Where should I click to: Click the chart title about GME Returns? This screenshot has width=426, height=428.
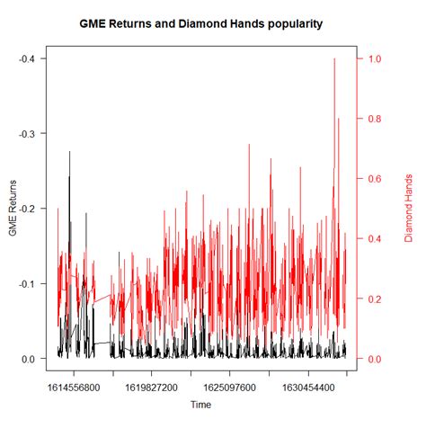pyautogui.click(x=213, y=21)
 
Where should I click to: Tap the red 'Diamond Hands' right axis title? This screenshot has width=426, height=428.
pyautogui.click(x=407, y=209)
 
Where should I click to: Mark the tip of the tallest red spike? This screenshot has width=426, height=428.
pyautogui.click(x=334, y=58)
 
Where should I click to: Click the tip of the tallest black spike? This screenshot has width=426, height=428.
pyautogui.click(x=69, y=152)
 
